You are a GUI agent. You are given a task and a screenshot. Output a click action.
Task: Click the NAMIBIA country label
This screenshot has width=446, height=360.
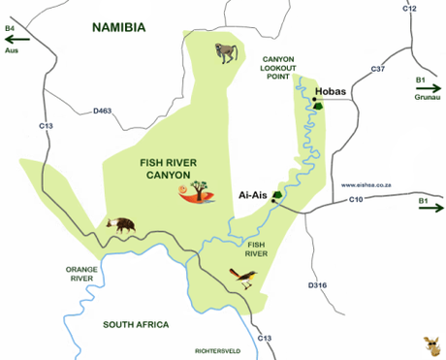(118, 28)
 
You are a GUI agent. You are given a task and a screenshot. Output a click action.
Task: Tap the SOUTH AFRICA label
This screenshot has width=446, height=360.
(136, 324)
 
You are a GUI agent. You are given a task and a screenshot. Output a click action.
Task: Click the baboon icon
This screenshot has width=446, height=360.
(227, 50)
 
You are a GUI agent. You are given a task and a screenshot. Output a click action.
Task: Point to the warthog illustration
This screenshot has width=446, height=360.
(120, 224)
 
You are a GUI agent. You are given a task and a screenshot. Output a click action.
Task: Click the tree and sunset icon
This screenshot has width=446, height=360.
(199, 194)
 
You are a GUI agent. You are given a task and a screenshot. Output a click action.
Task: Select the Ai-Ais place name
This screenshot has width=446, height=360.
(253, 195)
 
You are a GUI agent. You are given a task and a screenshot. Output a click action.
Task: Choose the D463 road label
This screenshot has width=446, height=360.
(103, 112)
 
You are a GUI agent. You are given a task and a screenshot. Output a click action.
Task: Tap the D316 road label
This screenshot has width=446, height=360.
(317, 285)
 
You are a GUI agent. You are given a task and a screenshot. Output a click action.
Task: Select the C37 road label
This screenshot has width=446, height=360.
(377, 70)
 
